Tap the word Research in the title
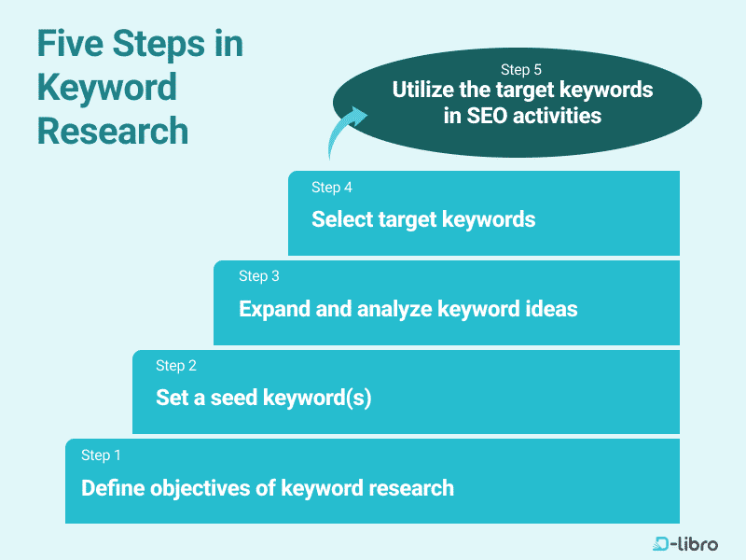113,131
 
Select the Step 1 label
102,455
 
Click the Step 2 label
176,366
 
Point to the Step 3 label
259,276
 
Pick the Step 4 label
332,188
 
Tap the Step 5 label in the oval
521,70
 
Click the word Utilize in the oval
425,91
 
